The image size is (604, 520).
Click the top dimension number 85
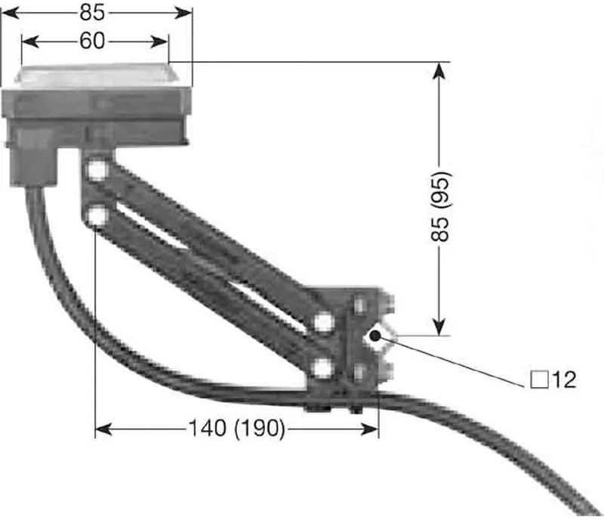[x=92, y=12]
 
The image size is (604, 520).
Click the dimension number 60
[x=92, y=41]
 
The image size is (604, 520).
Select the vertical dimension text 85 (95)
[x=440, y=207]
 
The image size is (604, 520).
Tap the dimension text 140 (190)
[x=237, y=429]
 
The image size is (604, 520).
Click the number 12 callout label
[x=564, y=379]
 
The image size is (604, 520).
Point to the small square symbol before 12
[x=539, y=379]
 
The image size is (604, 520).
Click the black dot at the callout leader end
[x=374, y=336]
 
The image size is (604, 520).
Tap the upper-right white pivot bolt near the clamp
[x=323, y=322]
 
